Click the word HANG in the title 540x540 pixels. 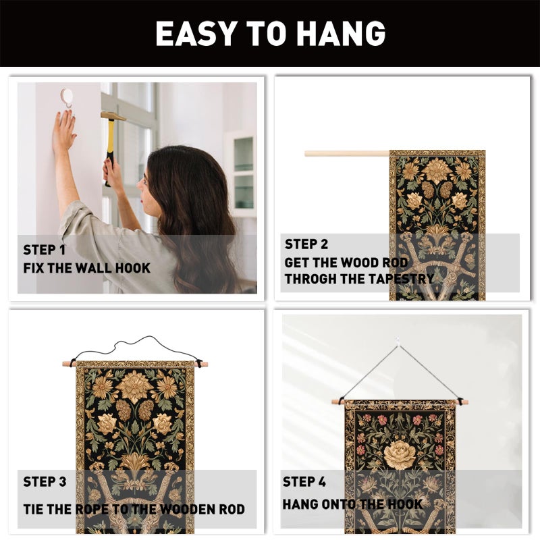[341, 33]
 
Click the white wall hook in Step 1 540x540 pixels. [66, 97]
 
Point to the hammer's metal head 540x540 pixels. [113, 116]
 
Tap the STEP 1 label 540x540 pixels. [44, 250]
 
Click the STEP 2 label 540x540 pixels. [306, 244]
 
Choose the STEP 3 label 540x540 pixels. [45, 481]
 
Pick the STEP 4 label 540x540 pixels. [304, 481]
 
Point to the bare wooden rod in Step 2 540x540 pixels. [347, 154]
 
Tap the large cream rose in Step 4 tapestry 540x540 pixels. [400, 454]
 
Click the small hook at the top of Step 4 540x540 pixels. [398, 342]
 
